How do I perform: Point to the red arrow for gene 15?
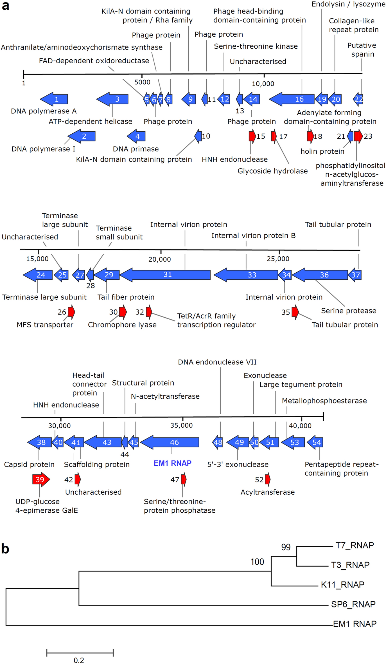pos(252,136)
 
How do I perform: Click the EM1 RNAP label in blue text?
pos(172,463)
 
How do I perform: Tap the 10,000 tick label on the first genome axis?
pos(263,84)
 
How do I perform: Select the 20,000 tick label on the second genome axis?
pos(159,259)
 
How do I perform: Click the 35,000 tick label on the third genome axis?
pos(181,425)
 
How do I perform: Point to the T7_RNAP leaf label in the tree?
pos(355,545)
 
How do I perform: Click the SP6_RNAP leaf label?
pos(353,604)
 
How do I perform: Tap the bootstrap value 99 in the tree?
pos(286,547)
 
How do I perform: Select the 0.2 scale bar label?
pos(79,660)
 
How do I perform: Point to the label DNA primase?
pos(136,149)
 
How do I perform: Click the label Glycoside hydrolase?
pos(272,171)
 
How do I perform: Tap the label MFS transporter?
pos(45,325)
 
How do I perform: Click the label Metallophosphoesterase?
pos(324,401)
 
